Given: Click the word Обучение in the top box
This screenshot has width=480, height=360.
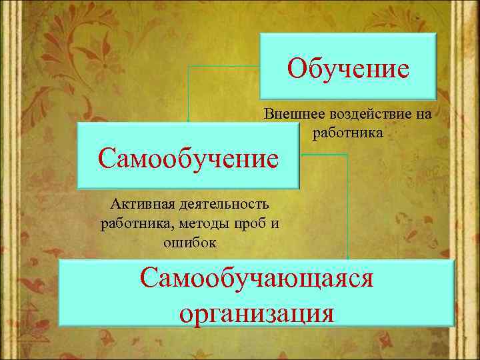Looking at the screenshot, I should [x=349, y=68].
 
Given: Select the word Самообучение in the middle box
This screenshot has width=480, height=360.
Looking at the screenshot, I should [x=187, y=159].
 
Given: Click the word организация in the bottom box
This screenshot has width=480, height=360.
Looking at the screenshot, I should [x=257, y=311].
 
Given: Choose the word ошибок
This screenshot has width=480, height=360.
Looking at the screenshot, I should [x=189, y=242].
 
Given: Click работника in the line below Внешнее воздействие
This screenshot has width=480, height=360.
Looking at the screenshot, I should [x=347, y=133].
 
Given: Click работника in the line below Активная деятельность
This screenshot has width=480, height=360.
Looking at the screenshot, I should [x=131, y=223].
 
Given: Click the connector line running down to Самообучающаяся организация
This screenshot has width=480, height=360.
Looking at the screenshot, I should [x=347, y=207].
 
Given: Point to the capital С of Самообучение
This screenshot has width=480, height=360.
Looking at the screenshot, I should [x=105, y=159].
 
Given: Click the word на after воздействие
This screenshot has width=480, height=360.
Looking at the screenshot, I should [x=423, y=114].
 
